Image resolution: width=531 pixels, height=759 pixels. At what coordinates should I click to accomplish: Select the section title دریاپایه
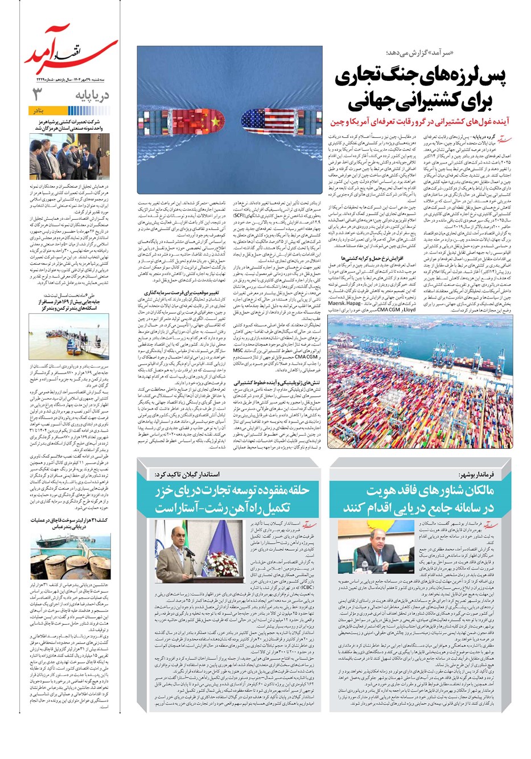pos(91,95)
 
